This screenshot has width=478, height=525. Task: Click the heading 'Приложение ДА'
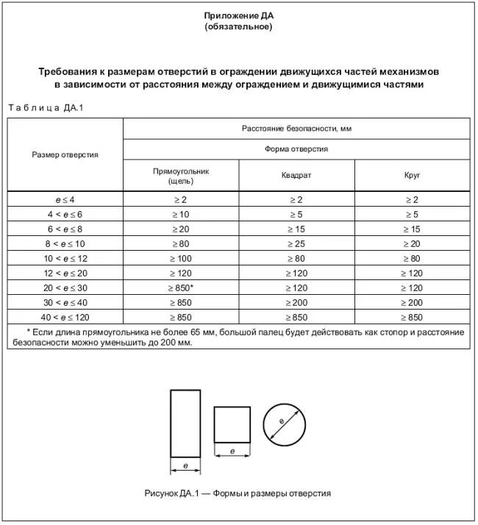point(238,15)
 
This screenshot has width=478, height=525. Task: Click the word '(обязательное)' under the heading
point(238,26)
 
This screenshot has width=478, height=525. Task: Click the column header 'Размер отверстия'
point(65,154)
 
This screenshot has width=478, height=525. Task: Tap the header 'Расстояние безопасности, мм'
point(296,129)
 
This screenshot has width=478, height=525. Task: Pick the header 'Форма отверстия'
point(296,149)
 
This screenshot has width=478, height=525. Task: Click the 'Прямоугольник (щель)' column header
point(181,175)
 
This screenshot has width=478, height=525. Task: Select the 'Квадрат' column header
point(296,176)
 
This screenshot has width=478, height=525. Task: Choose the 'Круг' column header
point(412,176)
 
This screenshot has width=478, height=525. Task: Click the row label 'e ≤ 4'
point(65,200)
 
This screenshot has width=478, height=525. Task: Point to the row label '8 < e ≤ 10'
point(65,243)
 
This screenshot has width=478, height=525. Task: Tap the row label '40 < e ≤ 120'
point(65,317)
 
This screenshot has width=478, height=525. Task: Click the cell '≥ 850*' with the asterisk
point(181,287)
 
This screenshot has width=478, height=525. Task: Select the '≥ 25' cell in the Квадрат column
point(296,243)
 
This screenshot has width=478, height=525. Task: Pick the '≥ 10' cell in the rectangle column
point(181,214)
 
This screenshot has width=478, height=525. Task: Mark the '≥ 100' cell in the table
point(181,258)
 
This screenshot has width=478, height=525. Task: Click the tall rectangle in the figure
point(185,424)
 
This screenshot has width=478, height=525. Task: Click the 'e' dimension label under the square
point(232,451)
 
